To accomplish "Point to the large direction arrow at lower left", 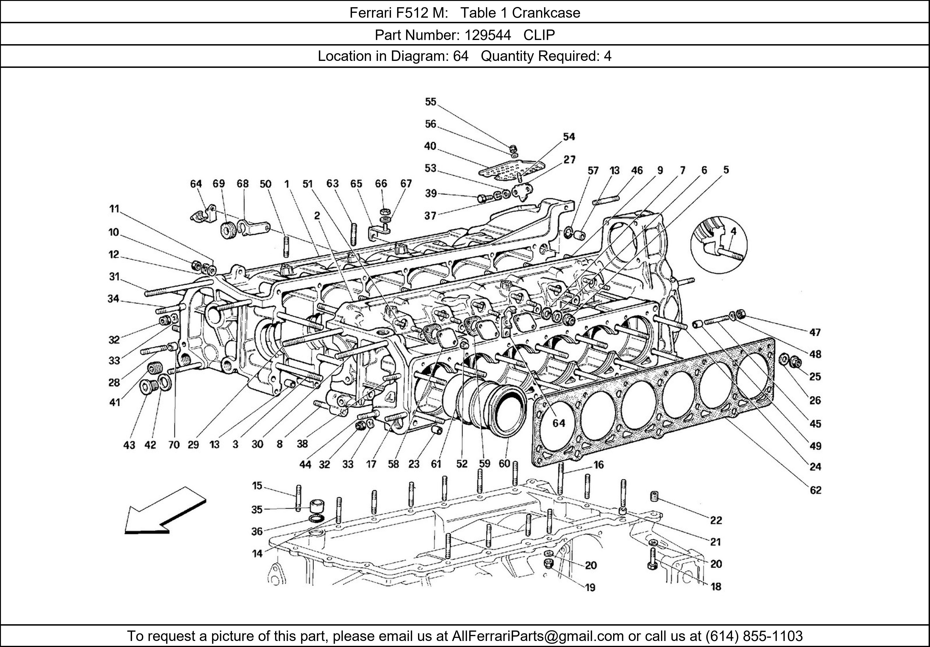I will [164, 511].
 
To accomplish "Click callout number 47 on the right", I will [815, 332].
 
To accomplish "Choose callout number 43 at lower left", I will [129, 445].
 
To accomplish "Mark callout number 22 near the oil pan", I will [716, 520].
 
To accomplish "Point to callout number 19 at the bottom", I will [590, 588].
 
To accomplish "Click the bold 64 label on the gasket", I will [559, 423].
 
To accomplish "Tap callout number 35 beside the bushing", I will [257, 509].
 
